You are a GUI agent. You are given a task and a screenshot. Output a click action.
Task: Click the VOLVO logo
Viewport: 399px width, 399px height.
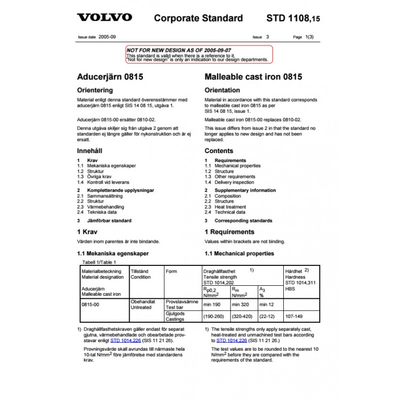[104, 17]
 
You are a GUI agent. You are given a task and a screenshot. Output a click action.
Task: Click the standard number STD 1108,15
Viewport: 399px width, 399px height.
[293, 18]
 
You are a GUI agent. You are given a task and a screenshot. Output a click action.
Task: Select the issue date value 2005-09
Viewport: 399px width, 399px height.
[107, 37]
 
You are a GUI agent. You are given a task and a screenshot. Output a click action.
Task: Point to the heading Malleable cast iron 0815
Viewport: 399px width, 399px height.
[253, 77]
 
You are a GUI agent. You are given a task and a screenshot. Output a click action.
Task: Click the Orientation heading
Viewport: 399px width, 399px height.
[222, 90]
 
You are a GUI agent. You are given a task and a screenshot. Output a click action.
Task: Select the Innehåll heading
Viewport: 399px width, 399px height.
[90, 151]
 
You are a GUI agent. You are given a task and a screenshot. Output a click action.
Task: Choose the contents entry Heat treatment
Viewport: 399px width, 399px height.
[230, 206]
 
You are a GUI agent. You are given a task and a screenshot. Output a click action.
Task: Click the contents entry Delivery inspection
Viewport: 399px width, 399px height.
[234, 182]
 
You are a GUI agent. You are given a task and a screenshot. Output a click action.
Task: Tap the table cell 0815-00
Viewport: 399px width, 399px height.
[90, 302]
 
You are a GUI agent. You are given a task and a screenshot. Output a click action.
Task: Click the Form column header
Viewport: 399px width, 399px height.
[171, 272]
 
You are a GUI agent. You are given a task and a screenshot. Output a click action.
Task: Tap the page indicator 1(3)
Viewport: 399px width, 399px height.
[309, 37]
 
